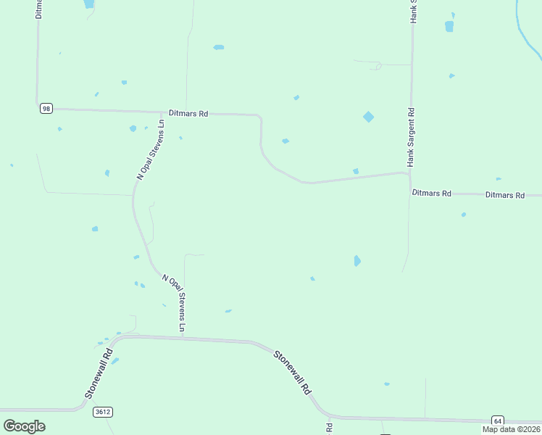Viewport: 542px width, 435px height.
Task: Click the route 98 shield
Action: (x=46, y=109)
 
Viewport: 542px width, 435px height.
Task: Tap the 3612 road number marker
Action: (x=103, y=412)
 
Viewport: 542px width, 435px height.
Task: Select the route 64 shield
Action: (x=497, y=420)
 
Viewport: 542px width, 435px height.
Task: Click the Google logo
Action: (x=24, y=426)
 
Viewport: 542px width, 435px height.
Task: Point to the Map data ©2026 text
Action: (x=511, y=429)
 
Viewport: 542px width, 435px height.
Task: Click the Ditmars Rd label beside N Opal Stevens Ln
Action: (x=188, y=114)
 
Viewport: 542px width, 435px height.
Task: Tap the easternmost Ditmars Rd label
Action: (x=504, y=195)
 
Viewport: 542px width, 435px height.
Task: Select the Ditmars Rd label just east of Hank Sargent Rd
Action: (x=431, y=194)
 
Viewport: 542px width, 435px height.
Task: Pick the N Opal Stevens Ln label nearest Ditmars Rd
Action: (x=151, y=150)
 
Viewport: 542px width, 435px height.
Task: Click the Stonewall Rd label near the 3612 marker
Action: (x=99, y=373)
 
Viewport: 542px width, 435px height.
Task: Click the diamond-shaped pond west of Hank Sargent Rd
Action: (x=369, y=117)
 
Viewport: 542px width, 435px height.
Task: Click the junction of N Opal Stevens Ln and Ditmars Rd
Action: (x=162, y=112)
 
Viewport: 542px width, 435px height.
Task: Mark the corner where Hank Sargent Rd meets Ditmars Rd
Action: (x=409, y=173)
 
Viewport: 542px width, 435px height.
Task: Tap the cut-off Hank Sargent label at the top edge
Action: (x=414, y=11)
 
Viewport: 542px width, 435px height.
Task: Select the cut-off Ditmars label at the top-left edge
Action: (x=38, y=9)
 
